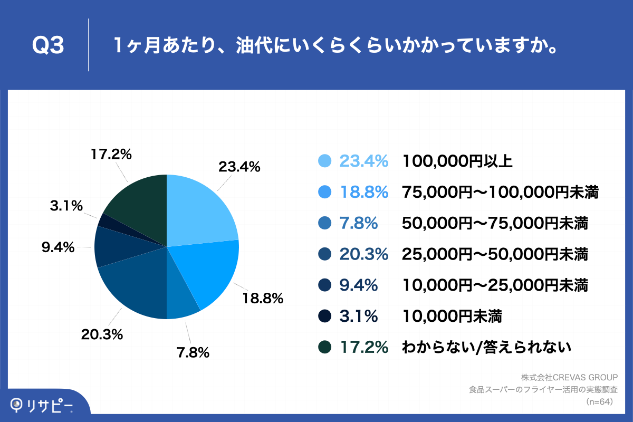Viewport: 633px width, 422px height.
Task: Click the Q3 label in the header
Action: click(x=48, y=46)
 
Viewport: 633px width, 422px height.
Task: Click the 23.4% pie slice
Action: click(x=200, y=211)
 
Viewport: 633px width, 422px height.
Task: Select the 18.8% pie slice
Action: click(x=208, y=272)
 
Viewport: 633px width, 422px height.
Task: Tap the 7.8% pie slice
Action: click(x=180, y=301)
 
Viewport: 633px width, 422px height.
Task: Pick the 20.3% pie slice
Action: click(x=135, y=285)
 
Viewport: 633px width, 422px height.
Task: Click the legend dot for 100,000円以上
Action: click(x=324, y=161)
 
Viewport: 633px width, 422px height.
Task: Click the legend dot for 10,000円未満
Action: click(x=324, y=316)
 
